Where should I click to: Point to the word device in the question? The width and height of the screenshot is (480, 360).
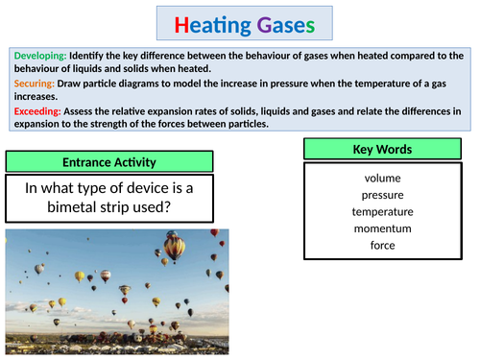141,186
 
